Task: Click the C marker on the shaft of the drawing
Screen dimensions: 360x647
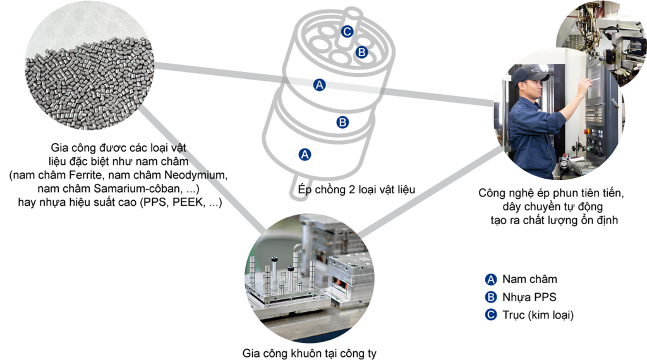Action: pyautogui.click(x=347, y=32)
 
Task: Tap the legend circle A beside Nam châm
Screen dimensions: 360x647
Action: pyautogui.click(x=490, y=279)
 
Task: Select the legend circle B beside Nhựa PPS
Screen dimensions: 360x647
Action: pyautogui.click(x=490, y=297)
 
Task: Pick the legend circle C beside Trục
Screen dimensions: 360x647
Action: pyautogui.click(x=490, y=315)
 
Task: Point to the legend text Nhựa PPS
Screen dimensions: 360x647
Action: pyautogui.click(x=529, y=297)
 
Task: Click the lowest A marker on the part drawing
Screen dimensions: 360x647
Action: pyautogui.click(x=305, y=153)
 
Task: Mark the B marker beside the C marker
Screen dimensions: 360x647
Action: pyautogui.click(x=361, y=52)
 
